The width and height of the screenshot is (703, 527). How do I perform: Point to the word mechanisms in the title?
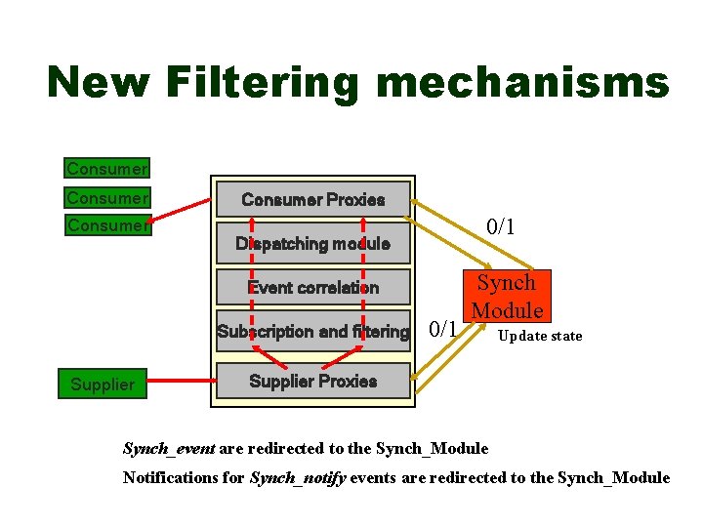tap(522, 83)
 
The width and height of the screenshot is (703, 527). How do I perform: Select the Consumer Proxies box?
tap(312, 200)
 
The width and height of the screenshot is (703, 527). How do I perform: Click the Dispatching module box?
tap(312, 244)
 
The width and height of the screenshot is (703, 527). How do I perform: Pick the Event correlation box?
tap(312, 288)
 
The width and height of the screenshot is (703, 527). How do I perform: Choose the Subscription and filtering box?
tap(312, 332)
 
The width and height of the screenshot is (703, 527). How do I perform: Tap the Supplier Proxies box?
tap(312, 381)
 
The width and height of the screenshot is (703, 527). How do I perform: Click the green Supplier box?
tap(103, 385)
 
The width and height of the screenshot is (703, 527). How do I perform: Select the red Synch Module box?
tap(507, 297)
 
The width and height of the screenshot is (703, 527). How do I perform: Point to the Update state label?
tap(539, 337)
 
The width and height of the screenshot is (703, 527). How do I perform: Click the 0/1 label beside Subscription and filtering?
tap(443, 329)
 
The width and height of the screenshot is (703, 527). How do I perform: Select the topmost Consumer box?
tap(106, 169)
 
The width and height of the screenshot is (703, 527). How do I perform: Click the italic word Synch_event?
tap(169, 449)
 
